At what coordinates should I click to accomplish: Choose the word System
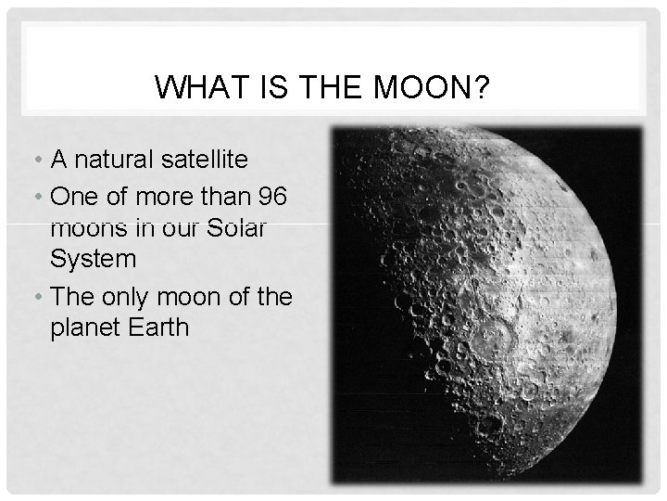(93, 259)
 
